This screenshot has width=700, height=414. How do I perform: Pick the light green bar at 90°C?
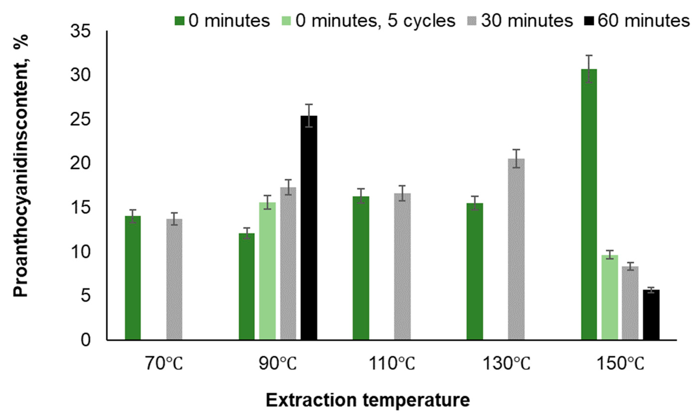click(x=267, y=271)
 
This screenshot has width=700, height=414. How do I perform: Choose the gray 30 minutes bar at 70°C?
click(x=174, y=279)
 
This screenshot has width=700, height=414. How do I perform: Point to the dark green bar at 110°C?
click(x=361, y=268)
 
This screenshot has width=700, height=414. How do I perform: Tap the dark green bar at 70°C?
click(x=133, y=278)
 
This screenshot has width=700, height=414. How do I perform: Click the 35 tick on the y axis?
click(x=81, y=31)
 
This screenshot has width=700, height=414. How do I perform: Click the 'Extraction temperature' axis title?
click(x=368, y=401)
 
